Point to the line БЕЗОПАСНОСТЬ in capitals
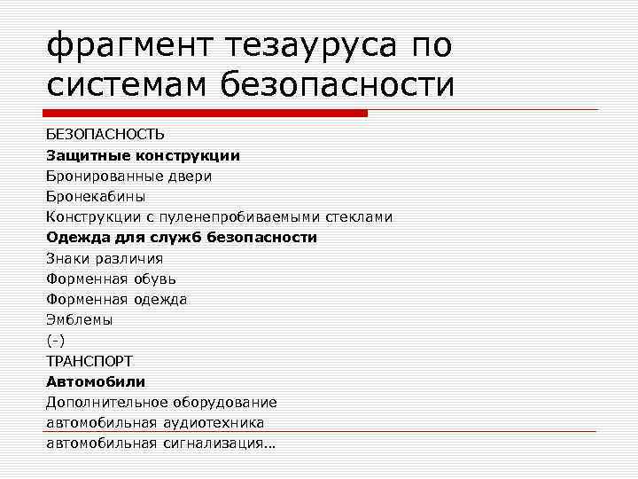click(105, 134)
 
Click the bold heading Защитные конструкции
click(143, 155)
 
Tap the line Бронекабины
click(96, 196)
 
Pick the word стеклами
click(360, 216)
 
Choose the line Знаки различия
click(105, 258)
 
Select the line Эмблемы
click(79, 319)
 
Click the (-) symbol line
click(56, 340)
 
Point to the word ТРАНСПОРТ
click(89, 361)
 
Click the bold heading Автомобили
click(96, 381)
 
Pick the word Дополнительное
click(103, 402)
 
